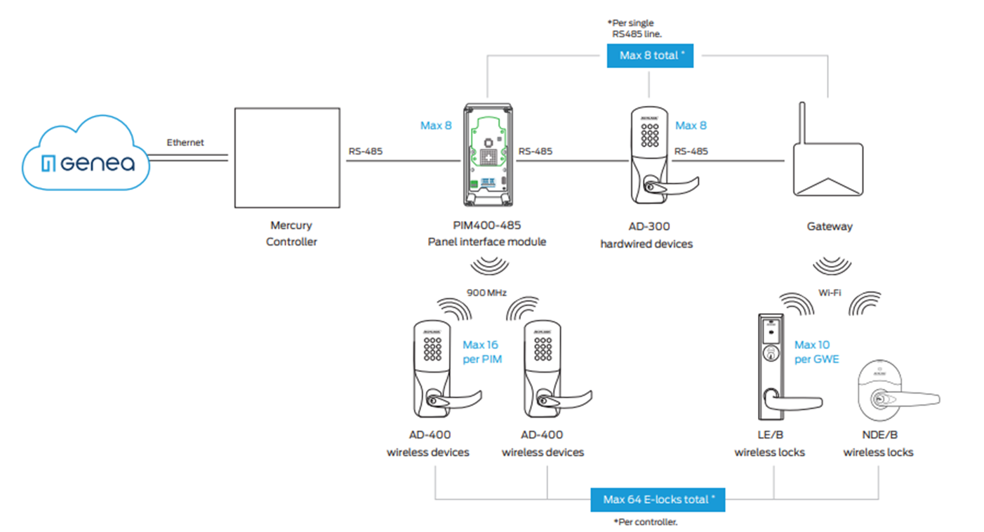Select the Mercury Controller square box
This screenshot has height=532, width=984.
click(x=286, y=158)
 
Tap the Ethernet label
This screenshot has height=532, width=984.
click(x=185, y=142)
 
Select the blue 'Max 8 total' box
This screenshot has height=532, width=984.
click(x=649, y=55)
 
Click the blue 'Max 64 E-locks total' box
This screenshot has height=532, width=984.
click(x=658, y=500)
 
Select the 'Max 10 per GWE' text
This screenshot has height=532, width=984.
click(x=816, y=352)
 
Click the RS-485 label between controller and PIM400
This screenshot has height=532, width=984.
click(x=365, y=151)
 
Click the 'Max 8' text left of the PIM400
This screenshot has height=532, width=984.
click(x=436, y=126)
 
